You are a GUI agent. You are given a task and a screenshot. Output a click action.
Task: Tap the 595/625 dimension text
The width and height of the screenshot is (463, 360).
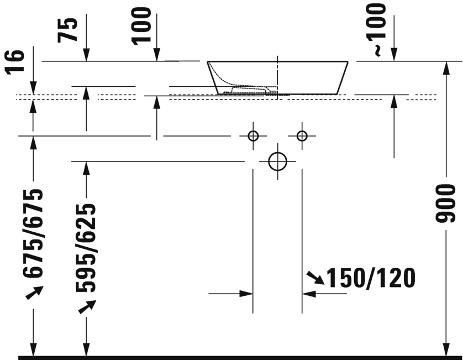click(x=86, y=247)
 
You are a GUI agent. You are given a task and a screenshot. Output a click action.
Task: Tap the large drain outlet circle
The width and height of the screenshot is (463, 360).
click(x=277, y=161)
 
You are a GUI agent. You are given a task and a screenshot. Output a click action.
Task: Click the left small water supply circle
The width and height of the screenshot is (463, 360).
click(x=253, y=135)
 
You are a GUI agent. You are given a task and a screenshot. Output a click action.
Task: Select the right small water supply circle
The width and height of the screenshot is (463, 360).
click(x=302, y=135)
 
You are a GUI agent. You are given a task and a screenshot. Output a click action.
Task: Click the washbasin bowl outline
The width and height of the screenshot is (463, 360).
click(x=278, y=77)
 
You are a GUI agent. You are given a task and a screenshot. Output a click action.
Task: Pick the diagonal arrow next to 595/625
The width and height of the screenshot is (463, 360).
click(x=87, y=306)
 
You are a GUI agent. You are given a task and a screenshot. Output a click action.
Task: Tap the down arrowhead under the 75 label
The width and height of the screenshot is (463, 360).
click(x=86, y=55)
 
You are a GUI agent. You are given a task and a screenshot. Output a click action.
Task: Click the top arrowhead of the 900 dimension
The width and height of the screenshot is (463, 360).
click(x=446, y=67)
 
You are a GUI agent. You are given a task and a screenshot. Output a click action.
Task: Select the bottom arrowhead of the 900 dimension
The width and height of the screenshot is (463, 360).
click(x=446, y=349)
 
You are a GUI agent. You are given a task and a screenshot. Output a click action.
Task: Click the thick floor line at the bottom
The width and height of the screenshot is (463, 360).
click(x=238, y=357)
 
